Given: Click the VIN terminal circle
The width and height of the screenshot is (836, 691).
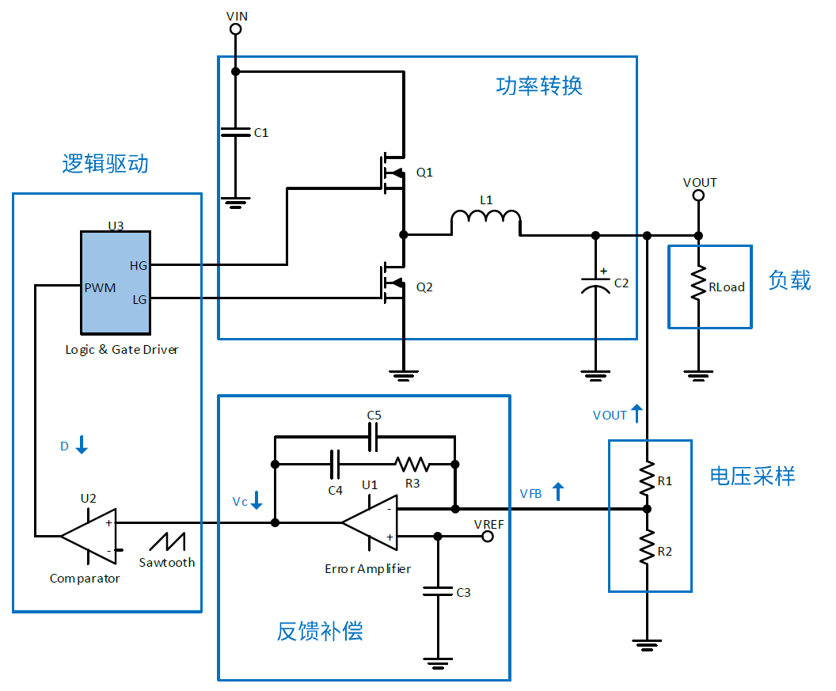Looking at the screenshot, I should [x=234, y=29].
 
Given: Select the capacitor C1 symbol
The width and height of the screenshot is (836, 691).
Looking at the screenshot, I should [x=234, y=132].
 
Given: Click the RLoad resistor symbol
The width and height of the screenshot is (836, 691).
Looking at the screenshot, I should [x=698, y=284].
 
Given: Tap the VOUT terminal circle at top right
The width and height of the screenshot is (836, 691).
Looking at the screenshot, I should [x=698, y=196].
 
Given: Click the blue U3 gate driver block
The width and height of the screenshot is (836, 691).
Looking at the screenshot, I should [x=116, y=283].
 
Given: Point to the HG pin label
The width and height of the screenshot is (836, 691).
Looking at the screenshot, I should [x=139, y=266].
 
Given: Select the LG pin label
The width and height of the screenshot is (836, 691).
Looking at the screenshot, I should [x=139, y=299].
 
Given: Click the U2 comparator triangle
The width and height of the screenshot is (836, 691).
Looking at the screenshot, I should [x=91, y=536].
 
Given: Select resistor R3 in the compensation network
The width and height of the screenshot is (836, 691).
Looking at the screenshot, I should [x=412, y=463].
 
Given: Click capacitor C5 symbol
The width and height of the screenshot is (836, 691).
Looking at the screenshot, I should [x=374, y=435].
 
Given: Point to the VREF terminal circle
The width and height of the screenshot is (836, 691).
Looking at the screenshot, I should [x=488, y=537].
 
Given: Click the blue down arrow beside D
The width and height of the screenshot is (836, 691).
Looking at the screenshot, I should [x=82, y=446].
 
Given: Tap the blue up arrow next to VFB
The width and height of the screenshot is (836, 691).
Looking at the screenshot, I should [x=558, y=492].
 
